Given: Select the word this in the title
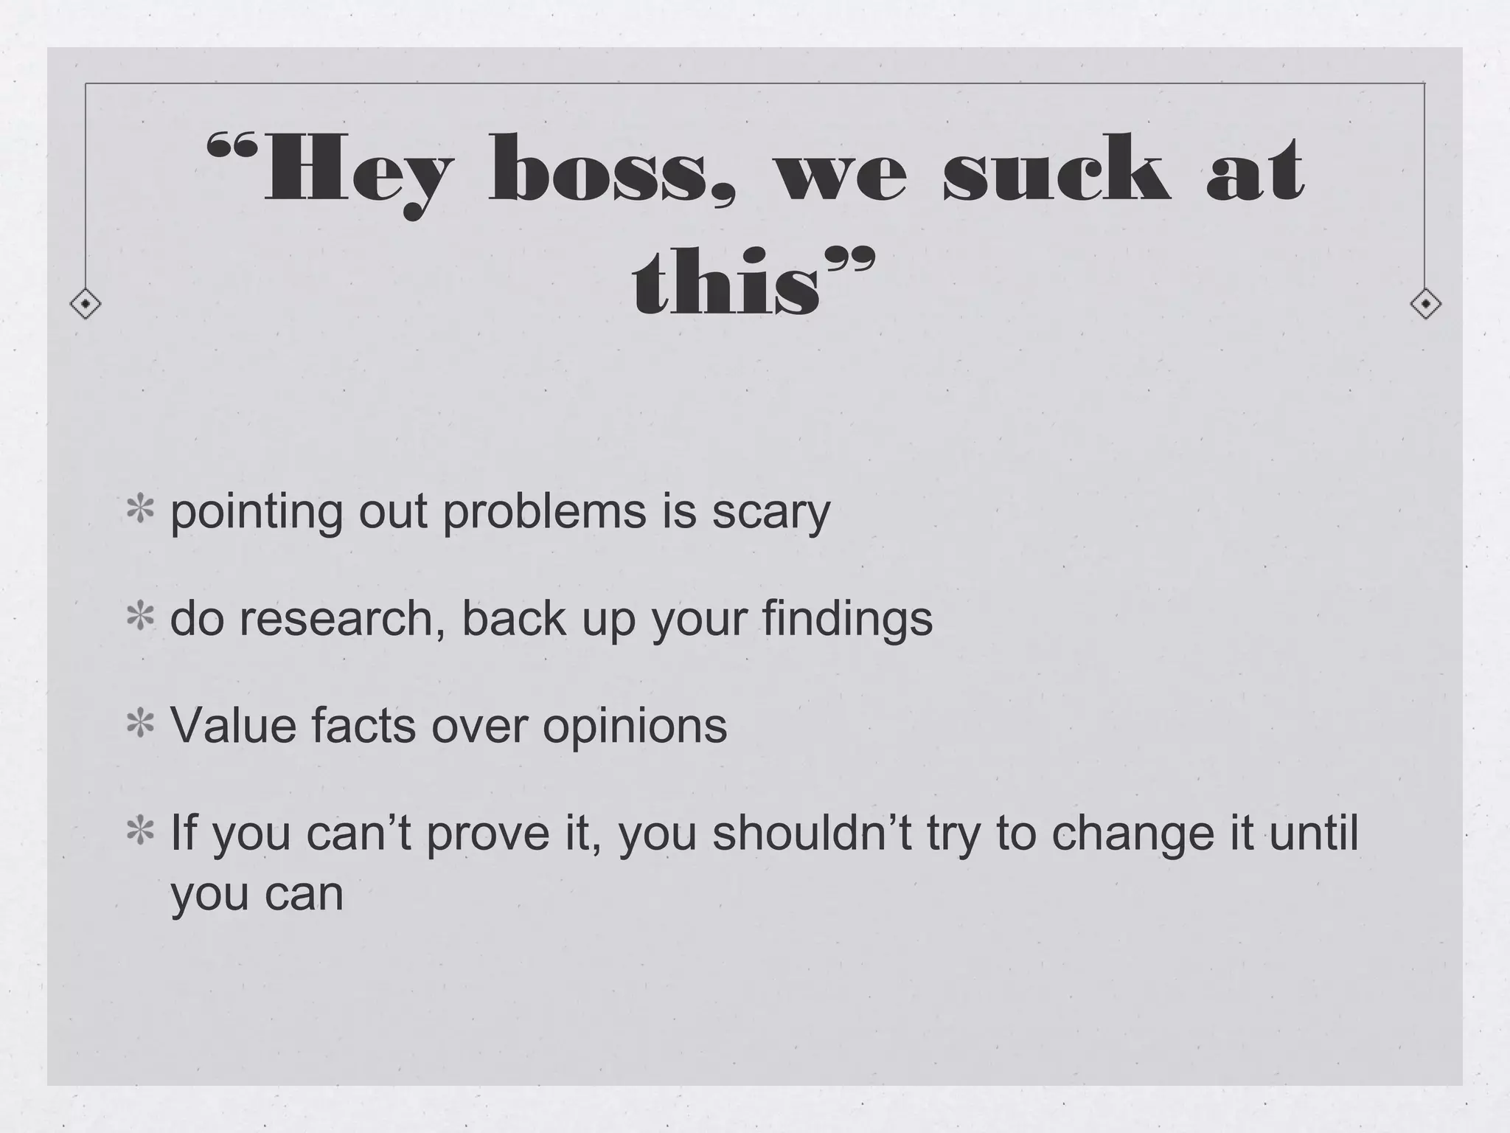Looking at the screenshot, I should click(x=726, y=284).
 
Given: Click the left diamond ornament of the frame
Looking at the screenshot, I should click(x=86, y=304).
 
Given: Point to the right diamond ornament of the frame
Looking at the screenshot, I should click(x=1425, y=304).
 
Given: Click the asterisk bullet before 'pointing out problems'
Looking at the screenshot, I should click(x=139, y=511).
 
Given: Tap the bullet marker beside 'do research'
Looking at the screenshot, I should click(x=139, y=618).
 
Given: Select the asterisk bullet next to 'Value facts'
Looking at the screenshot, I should click(x=139, y=725).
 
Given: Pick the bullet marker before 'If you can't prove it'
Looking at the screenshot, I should click(x=139, y=832).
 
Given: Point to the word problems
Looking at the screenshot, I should click(x=543, y=511).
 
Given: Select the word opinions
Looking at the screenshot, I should click(x=635, y=727).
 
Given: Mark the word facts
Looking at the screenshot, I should click(x=363, y=725).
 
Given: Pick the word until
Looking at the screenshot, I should click(x=1313, y=832).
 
